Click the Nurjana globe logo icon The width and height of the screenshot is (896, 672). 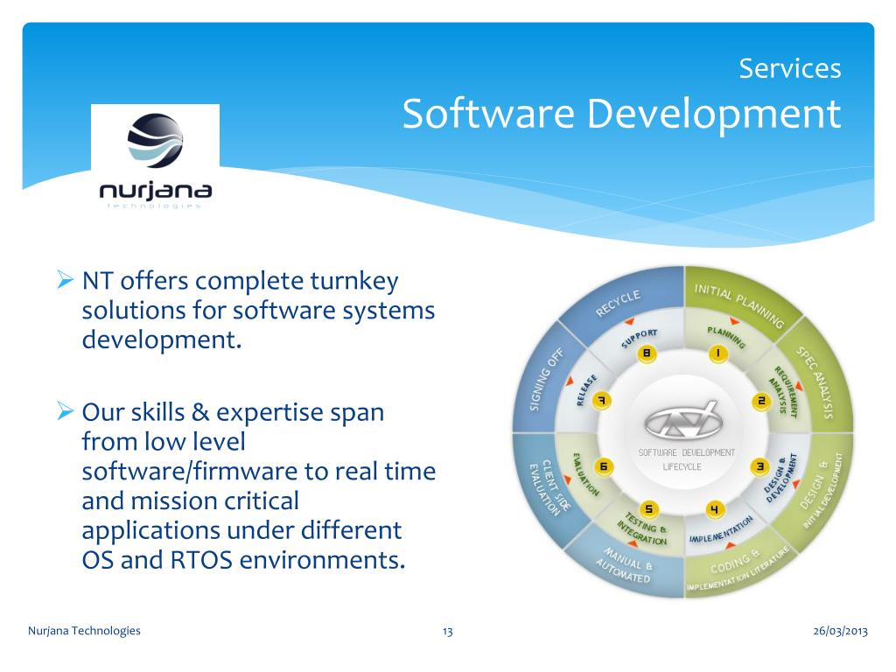(x=156, y=141)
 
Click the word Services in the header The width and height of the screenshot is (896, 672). (x=789, y=68)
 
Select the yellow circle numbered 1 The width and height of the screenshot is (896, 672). (x=717, y=354)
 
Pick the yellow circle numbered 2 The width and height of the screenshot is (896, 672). (x=760, y=401)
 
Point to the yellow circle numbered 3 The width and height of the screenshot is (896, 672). (x=760, y=466)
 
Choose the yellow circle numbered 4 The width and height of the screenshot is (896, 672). (x=716, y=509)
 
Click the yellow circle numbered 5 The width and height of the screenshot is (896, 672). (x=648, y=509)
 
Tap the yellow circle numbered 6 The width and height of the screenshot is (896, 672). (x=603, y=466)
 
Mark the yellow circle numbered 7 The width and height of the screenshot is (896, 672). (x=602, y=401)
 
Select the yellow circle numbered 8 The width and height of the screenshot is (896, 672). (x=647, y=354)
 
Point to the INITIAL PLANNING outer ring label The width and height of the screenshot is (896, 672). (x=738, y=304)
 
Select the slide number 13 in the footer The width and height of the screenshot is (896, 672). (x=447, y=631)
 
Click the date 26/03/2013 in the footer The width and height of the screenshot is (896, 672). (x=840, y=631)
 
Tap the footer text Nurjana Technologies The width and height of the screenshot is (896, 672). (x=84, y=631)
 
